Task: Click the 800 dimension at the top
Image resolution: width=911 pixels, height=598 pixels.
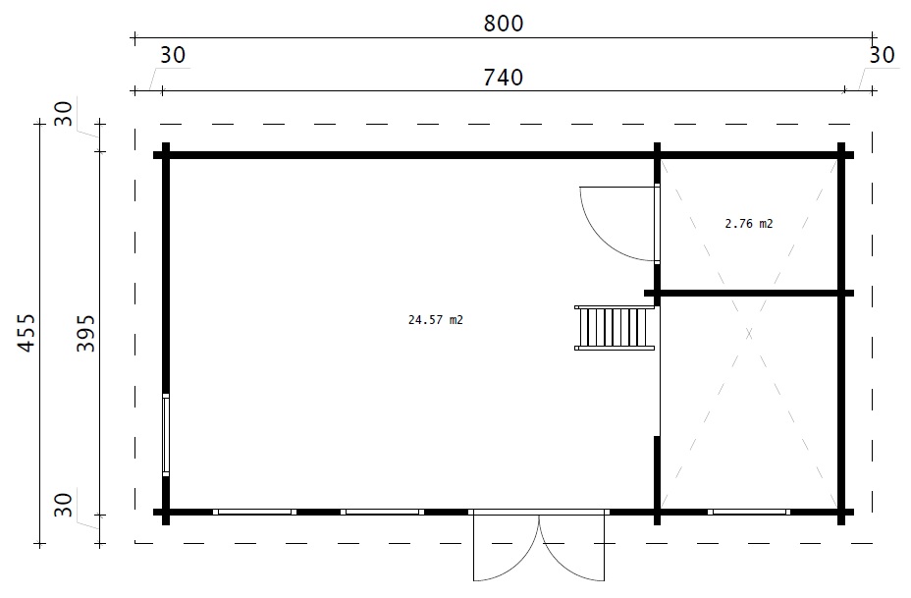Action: pyautogui.click(x=504, y=24)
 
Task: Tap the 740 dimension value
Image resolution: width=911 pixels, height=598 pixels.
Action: pyautogui.click(x=504, y=78)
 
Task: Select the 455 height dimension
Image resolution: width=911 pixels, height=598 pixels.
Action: pyautogui.click(x=27, y=333)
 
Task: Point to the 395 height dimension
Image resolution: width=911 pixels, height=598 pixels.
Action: pyautogui.click(x=85, y=333)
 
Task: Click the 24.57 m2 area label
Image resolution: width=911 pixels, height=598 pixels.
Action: pyautogui.click(x=436, y=320)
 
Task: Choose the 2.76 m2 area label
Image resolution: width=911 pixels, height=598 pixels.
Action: pyautogui.click(x=749, y=224)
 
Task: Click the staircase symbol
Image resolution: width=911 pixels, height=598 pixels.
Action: pyautogui.click(x=615, y=328)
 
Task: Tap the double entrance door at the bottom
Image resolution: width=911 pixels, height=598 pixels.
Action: pyautogui.click(x=539, y=545)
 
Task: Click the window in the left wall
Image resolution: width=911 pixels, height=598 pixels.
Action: pyautogui.click(x=166, y=435)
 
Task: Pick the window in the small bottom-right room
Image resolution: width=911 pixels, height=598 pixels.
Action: pyautogui.click(x=749, y=512)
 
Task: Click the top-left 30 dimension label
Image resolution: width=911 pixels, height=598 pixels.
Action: pyautogui.click(x=173, y=55)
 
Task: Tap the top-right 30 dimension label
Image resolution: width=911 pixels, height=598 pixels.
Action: pyautogui.click(x=882, y=55)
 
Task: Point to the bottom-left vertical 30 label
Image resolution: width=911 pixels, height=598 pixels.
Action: pyautogui.click(x=64, y=505)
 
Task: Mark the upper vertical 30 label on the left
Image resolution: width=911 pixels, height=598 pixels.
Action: pyautogui.click(x=64, y=113)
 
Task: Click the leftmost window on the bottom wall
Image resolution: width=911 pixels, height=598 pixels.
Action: pyautogui.click(x=254, y=512)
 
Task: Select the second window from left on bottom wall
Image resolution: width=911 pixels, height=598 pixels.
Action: pyautogui.click(x=382, y=512)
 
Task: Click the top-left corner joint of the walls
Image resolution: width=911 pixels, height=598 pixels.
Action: pyautogui.click(x=166, y=155)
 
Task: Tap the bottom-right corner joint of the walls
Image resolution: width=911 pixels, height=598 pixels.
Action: pyautogui.click(x=840, y=512)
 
